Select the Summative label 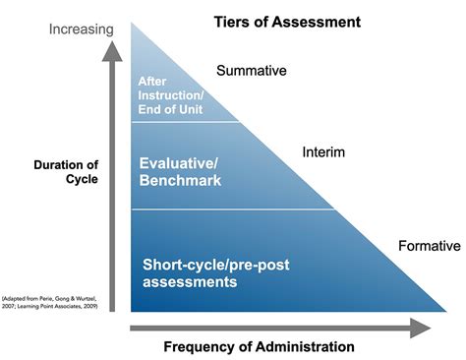tap(251, 71)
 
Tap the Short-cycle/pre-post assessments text tap(217, 272)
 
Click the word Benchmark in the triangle tap(180, 182)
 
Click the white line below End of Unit tap(185, 121)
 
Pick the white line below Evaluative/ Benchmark tap(236, 210)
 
